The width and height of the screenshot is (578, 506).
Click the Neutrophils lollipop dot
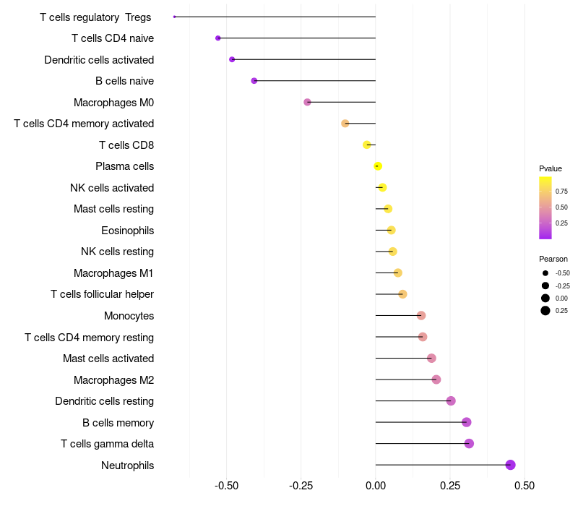click(x=510, y=465)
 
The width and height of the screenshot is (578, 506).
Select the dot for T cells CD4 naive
click(x=218, y=38)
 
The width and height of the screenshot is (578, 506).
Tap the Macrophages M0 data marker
click(x=307, y=103)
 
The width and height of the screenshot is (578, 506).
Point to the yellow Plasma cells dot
click(x=378, y=166)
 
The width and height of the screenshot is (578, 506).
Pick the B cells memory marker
click(x=466, y=422)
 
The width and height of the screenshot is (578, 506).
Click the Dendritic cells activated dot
click(x=232, y=59)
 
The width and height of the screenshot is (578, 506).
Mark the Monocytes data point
click(x=421, y=315)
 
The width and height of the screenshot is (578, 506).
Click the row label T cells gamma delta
click(x=107, y=444)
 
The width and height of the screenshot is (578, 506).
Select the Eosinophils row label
click(x=127, y=231)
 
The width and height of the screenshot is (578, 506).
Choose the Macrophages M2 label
click(x=113, y=379)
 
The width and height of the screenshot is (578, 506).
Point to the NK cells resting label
click(x=117, y=252)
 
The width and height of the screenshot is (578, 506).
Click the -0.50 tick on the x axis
click(x=227, y=484)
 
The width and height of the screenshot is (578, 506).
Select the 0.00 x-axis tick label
click(x=376, y=484)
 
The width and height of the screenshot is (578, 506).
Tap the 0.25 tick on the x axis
click(x=450, y=484)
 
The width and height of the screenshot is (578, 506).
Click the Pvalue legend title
click(x=550, y=168)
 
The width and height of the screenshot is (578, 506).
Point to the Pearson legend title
click(x=553, y=259)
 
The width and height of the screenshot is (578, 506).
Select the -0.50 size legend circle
click(x=545, y=273)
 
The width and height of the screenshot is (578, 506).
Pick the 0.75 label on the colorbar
click(x=561, y=192)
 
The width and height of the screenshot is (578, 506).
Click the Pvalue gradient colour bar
click(x=545, y=207)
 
